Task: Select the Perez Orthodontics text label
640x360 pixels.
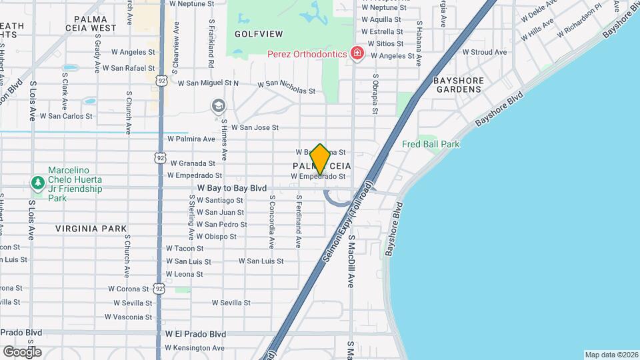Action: [x=307, y=53]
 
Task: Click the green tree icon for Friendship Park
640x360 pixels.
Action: [x=38, y=182]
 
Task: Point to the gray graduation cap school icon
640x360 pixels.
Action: [x=218, y=106]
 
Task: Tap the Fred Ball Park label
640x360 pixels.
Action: [x=431, y=144]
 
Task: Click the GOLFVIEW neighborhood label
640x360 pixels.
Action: [x=259, y=34]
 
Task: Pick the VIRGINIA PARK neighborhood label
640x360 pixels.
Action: [x=91, y=229]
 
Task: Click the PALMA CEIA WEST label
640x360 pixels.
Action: [x=95, y=24]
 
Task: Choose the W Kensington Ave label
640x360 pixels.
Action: [x=195, y=348]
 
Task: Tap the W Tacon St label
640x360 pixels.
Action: [x=185, y=248]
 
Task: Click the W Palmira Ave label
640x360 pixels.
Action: [x=191, y=139]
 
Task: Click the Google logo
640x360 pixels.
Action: [x=22, y=351]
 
